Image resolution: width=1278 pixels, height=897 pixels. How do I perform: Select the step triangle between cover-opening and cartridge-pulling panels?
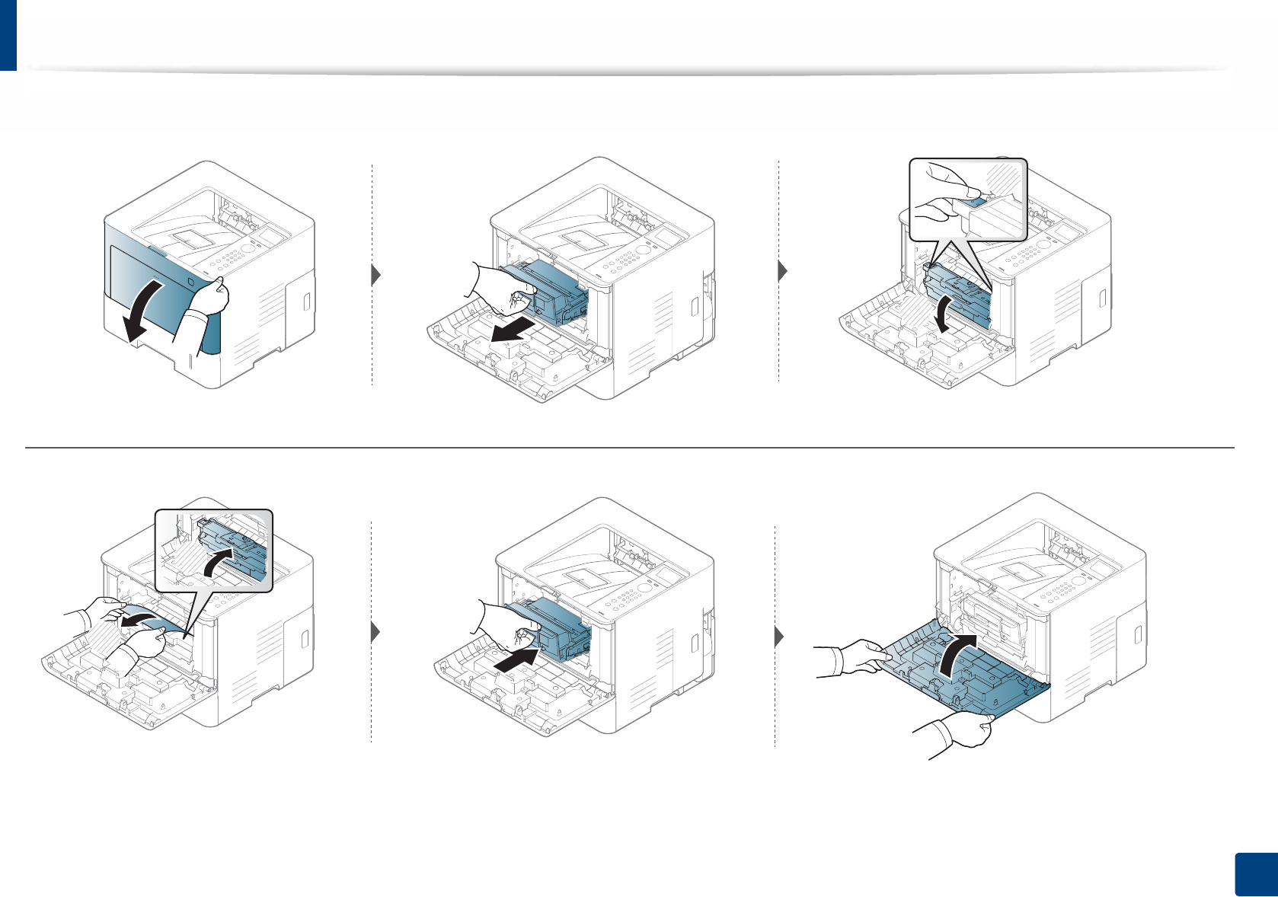[x=375, y=275]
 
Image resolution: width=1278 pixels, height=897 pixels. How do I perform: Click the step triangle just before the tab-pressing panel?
[x=782, y=270]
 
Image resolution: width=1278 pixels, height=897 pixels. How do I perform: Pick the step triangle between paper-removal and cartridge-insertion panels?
[x=375, y=633]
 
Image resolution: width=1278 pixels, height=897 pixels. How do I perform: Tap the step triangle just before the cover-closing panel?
[x=779, y=637]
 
